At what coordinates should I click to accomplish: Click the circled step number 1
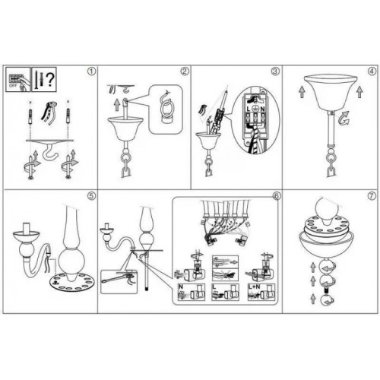pos(91,73)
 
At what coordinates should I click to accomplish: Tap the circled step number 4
pos(371,73)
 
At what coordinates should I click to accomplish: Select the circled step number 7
pos(371,195)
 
